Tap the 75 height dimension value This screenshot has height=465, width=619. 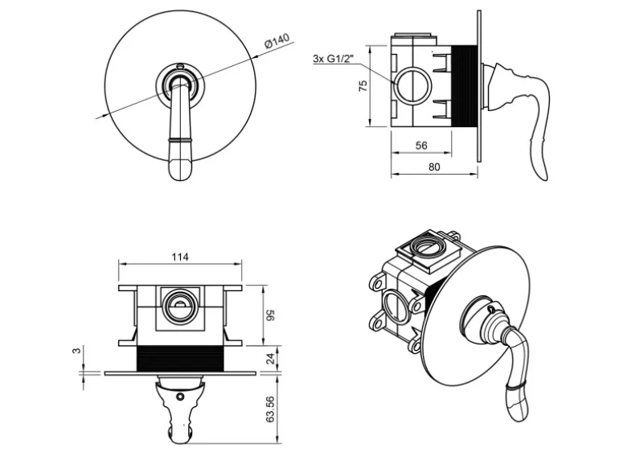pyautogui.click(x=363, y=85)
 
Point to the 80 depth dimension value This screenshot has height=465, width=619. pyautogui.click(x=434, y=167)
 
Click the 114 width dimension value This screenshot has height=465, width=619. pyautogui.click(x=180, y=257)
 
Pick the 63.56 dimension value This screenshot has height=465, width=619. pyautogui.click(x=271, y=409)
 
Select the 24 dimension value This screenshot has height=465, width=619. pyautogui.click(x=271, y=360)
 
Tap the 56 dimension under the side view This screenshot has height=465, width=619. pyautogui.click(x=420, y=146)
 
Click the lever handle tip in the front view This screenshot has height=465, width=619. pyautogui.click(x=182, y=167)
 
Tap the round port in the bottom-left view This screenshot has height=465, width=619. pyautogui.click(x=179, y=305)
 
